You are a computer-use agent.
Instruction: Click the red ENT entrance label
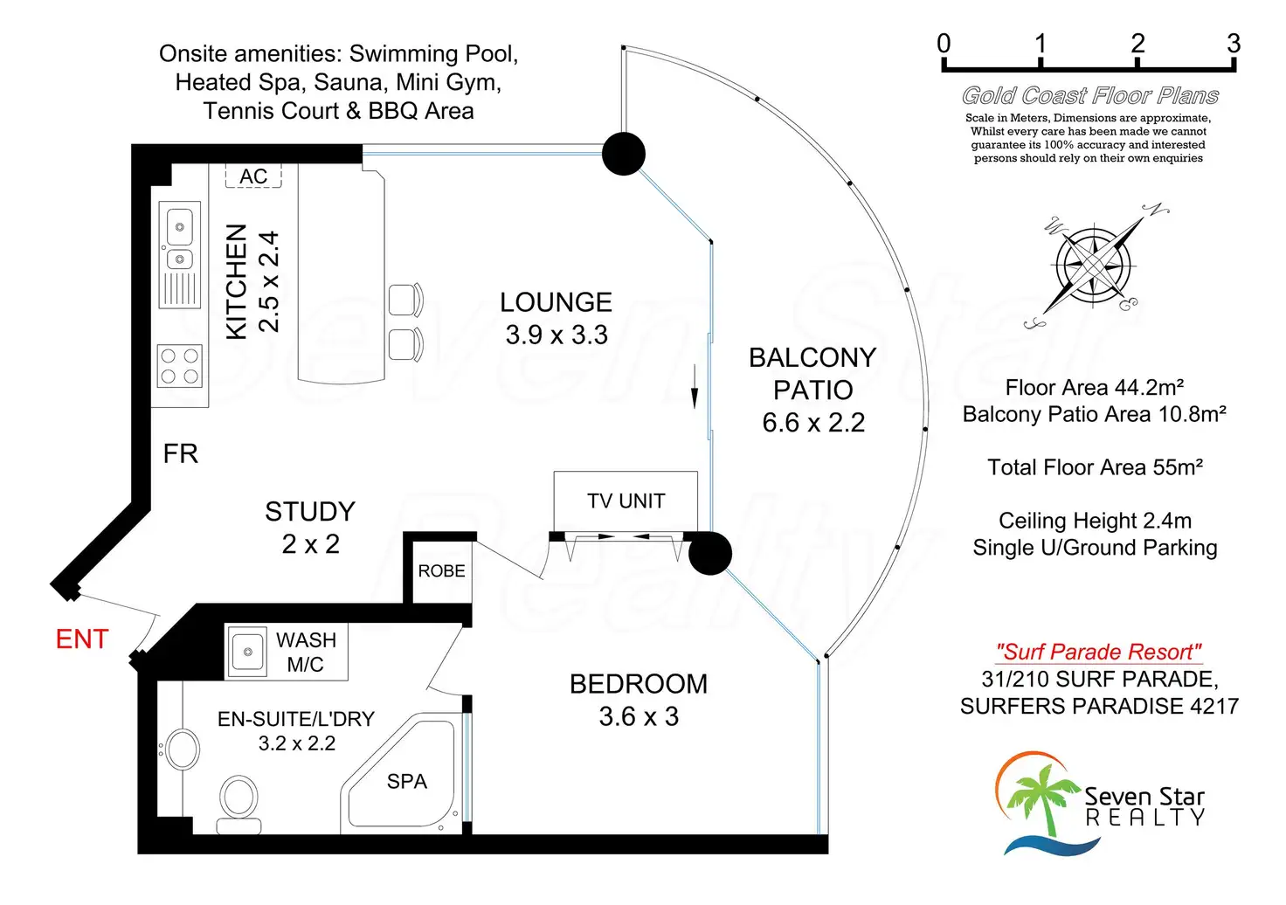coord(82,639)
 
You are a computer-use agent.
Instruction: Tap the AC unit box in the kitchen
coord(253,176)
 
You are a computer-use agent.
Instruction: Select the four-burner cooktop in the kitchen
coord(179,366)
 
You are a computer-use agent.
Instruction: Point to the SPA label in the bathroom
coord(407,782)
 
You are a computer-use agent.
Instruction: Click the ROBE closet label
coord(441,571)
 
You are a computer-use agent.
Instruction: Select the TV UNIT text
coord(626,501)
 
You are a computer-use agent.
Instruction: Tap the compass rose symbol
coord(1094,264)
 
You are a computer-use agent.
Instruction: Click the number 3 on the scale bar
coord(1233,44)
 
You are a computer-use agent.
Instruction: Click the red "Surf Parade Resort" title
coord(1098,652)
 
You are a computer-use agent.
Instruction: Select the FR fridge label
coord(181,454)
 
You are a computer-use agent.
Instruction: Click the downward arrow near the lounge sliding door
coord(695,388)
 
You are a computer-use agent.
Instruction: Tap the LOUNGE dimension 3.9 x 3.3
coord(557,335)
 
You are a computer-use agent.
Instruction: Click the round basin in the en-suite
coord(183,749)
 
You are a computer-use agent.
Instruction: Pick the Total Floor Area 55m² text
coord(1095,467)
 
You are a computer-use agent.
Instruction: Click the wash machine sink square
coord(247,652)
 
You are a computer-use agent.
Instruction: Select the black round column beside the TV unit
coord(709,553)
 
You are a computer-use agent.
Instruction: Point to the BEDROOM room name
coord(639,684)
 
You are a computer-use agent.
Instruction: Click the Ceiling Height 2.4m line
coord(1095,522)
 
